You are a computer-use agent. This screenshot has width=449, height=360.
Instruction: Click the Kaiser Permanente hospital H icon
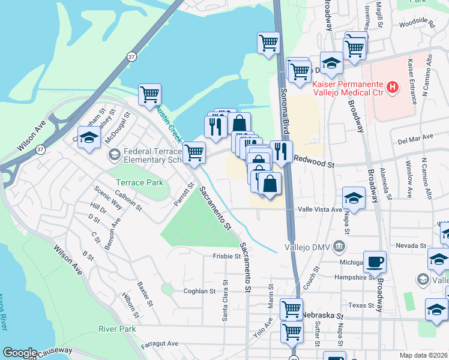tap(393, 88)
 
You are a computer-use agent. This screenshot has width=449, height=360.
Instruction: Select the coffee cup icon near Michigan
tap(375, 261)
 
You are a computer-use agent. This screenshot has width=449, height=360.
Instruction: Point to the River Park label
tap(118, 329)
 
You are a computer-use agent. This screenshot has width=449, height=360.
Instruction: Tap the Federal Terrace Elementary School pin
tap(114, 155)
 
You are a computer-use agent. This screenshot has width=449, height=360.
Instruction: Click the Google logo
tap(20, 353)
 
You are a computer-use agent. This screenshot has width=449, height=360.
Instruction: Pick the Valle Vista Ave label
tap(321, 210)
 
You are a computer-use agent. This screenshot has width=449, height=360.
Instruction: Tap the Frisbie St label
tap(226, 256)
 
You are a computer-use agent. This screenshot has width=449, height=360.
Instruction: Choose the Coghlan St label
tap(199, 291)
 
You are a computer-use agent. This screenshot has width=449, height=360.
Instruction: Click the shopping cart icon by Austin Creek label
tap(149, 94)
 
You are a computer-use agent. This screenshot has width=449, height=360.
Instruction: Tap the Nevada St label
tap(411, 246)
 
